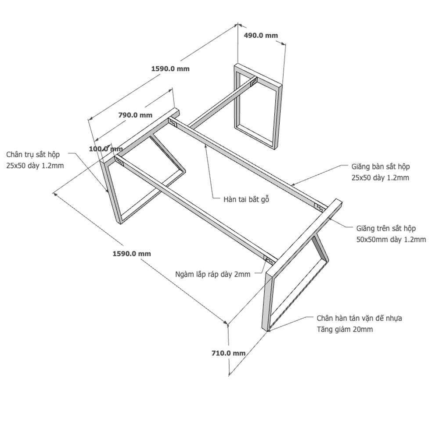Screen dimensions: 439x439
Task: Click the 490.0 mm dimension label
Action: point(261,35)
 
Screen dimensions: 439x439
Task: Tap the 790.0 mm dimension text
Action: point(135,115)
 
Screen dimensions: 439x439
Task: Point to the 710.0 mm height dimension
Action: point(228,353)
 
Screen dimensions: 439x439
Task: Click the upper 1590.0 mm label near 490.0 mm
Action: point(170,68)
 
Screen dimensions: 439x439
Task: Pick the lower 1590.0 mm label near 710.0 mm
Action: point(132,254)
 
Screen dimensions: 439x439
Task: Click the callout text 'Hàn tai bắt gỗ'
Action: point(246,199)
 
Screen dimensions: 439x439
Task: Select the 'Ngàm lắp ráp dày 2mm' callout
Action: point(213,274)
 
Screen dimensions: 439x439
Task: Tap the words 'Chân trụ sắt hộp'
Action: point(33,155)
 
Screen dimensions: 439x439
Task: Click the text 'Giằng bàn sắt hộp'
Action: point(381,166)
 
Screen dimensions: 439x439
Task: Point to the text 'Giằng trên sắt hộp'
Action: point(386,228)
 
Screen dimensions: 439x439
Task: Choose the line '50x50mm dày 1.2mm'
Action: point(391,240)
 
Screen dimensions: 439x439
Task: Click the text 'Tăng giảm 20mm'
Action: point(345,329)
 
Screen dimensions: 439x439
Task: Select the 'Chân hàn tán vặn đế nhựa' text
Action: point(360,318)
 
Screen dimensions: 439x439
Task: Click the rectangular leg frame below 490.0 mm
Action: point(258,106)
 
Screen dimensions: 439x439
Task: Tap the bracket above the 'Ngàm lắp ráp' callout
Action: point(269,261)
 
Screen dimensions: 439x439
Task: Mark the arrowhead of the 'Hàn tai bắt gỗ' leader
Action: point(205,146)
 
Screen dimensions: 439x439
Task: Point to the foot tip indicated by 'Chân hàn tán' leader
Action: point(268,331)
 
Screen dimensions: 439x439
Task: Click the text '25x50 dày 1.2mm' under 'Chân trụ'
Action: point(35,166)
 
